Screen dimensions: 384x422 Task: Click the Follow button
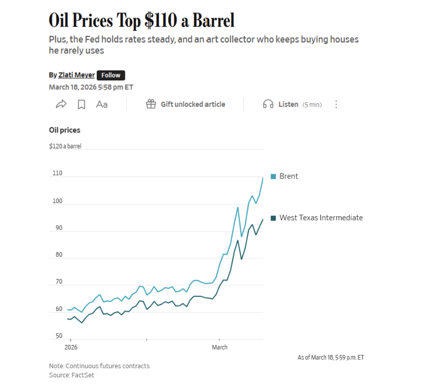coord(111,75)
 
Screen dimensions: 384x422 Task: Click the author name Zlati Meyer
coord(76,75)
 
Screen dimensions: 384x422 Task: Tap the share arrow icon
coord(61,104)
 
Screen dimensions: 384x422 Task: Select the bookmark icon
coord(82,104)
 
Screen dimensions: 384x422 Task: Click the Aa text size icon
coord(101,104)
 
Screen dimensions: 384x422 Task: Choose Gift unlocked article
coord(193,104)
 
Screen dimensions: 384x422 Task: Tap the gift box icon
coord(151,104)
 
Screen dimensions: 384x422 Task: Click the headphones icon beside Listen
coord(268,104)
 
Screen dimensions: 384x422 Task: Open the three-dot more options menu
coord(336,104)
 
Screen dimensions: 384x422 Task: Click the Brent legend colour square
coord(273,176)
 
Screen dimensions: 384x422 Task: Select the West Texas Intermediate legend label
coord(321,218)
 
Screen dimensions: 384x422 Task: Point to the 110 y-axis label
coord(57,173)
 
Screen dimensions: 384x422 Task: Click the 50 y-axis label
coord(59,336)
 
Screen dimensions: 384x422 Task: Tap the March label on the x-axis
coord(219,347)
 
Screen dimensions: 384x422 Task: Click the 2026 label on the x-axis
coord(70,347)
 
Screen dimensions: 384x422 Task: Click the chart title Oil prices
coord(65,130)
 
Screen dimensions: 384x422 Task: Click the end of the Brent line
coord(263,178)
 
